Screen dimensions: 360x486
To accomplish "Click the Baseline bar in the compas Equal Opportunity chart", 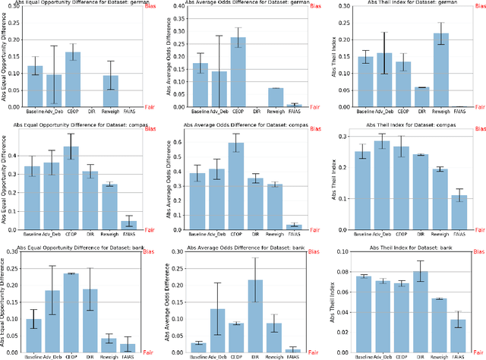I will pyautogui.click(x=33, y=197).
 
